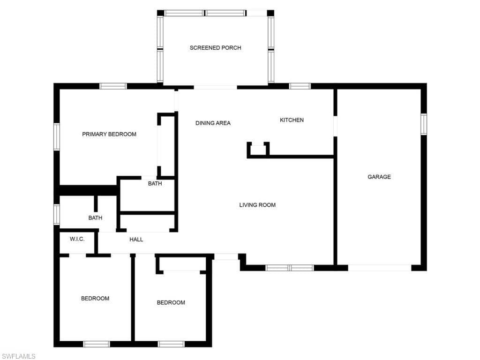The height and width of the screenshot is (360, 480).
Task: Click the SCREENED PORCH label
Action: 215,48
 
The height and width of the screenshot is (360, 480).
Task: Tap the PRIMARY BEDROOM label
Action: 109,134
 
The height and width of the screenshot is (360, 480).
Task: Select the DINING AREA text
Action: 213,123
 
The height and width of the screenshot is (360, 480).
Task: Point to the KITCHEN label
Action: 292,120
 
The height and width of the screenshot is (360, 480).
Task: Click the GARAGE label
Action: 379,177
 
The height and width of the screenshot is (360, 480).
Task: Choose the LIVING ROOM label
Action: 257,205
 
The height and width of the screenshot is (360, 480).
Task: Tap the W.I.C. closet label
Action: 77,239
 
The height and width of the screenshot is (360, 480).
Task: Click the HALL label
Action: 136,240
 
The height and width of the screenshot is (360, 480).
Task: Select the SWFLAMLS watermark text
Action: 18,356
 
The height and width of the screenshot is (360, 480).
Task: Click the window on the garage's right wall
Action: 424,124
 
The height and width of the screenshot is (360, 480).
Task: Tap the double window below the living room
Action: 290,268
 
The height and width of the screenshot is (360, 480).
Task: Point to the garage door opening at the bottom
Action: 380,268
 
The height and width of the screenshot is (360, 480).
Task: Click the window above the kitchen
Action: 300,86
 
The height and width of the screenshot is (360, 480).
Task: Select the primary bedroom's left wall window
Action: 57,136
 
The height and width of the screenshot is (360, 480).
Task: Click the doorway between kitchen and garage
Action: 335,126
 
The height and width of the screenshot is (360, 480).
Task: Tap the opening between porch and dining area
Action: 215,88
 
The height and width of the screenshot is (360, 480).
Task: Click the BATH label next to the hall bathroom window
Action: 95,218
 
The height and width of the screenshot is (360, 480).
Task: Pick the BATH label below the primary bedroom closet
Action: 155,184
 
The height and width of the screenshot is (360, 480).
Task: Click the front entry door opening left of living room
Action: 226,257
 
